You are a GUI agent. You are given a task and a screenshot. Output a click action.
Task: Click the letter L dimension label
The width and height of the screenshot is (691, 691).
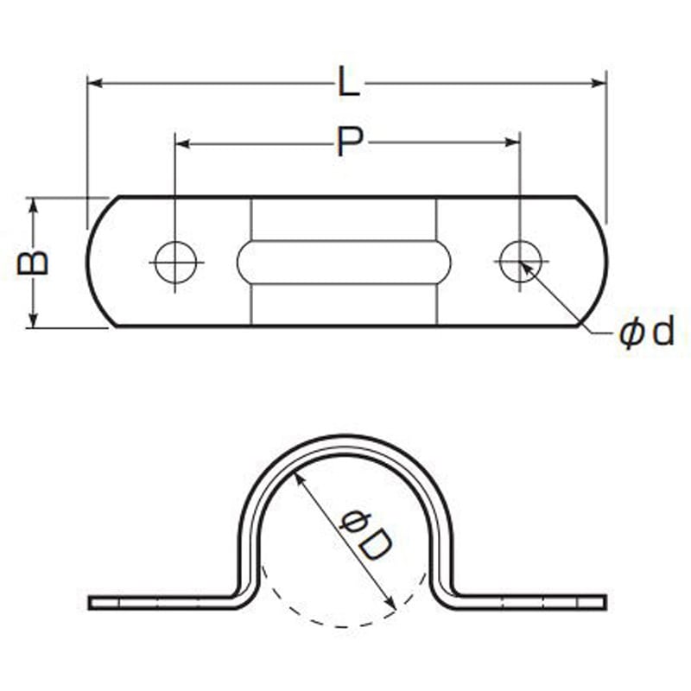coord(349,81)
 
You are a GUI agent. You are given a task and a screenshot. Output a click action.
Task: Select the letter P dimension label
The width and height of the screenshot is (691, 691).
coord(350,141)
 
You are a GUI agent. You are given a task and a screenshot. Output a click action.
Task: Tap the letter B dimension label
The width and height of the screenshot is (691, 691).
coord(32,263)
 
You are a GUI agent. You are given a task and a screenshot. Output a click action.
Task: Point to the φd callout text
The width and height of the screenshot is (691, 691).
coord(646,333)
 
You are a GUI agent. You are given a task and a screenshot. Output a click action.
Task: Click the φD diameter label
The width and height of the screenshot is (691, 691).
coord(365,535)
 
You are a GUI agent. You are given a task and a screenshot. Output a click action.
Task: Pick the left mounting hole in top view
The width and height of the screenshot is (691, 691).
coord(176,263)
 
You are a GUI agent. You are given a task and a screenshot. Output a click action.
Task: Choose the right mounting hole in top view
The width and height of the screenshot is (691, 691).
coord(521,262)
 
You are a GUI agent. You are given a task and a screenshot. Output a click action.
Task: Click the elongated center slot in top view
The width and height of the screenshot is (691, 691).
coord(344,263)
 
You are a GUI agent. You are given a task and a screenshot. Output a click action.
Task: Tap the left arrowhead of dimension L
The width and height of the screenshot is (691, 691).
coord(95,83)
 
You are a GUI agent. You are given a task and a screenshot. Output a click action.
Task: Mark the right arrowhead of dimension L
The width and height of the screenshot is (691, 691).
coord(599,83)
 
